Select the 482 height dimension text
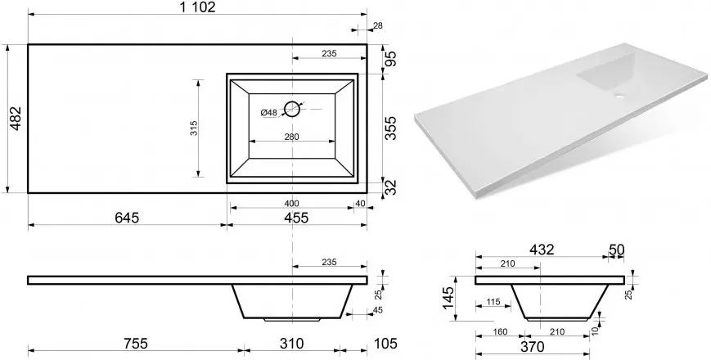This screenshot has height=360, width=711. pos(16,119)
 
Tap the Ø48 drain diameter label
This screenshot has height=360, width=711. pos(269,113)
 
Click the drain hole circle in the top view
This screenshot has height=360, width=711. pos(292,109)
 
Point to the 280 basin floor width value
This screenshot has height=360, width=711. pos(292,136)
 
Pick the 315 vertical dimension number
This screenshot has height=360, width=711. pos(194,128)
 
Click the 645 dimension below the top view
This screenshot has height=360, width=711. pos(126,218)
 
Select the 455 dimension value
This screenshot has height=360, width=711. pos(295,218)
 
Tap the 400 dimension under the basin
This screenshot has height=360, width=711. pos(291,204)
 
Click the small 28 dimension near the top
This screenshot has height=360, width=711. pos(377,26)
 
